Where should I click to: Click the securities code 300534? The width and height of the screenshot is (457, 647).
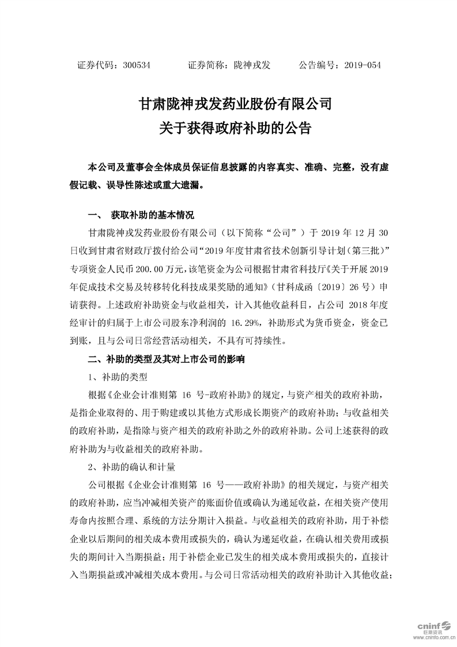tap(137, 66)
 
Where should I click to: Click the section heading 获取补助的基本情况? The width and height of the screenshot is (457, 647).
tap(153, 215)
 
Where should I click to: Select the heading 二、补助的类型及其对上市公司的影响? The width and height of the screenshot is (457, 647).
tap(166, 360)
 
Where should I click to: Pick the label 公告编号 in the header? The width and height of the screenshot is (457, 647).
tap(317, 66)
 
